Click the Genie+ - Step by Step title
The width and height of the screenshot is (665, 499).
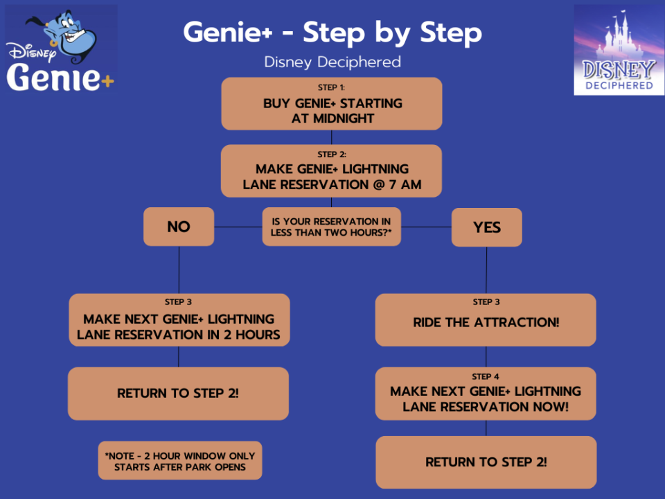point(332,33)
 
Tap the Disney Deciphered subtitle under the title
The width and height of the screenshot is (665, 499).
point(332,62)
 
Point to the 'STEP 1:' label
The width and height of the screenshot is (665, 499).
point(332,88)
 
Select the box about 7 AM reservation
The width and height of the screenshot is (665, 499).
point(332,171)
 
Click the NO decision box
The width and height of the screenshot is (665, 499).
point(179,227)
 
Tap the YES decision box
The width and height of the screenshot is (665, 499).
point(486,227)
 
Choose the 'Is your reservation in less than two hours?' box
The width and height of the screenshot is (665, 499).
point(332,227)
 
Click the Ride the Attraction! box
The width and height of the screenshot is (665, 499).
point(486,320)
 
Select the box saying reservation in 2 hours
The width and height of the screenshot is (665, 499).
point(179,320)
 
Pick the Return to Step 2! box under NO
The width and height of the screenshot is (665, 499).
point(179,393)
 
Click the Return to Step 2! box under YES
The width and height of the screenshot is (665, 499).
point(486,462)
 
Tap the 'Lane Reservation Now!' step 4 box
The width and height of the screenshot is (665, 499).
point(486,394)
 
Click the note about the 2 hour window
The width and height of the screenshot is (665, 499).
point(179,461)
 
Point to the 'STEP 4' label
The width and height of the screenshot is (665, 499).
point(486,376)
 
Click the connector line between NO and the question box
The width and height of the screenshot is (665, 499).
point(238,227)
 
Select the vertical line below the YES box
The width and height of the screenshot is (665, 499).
point(486,270)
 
